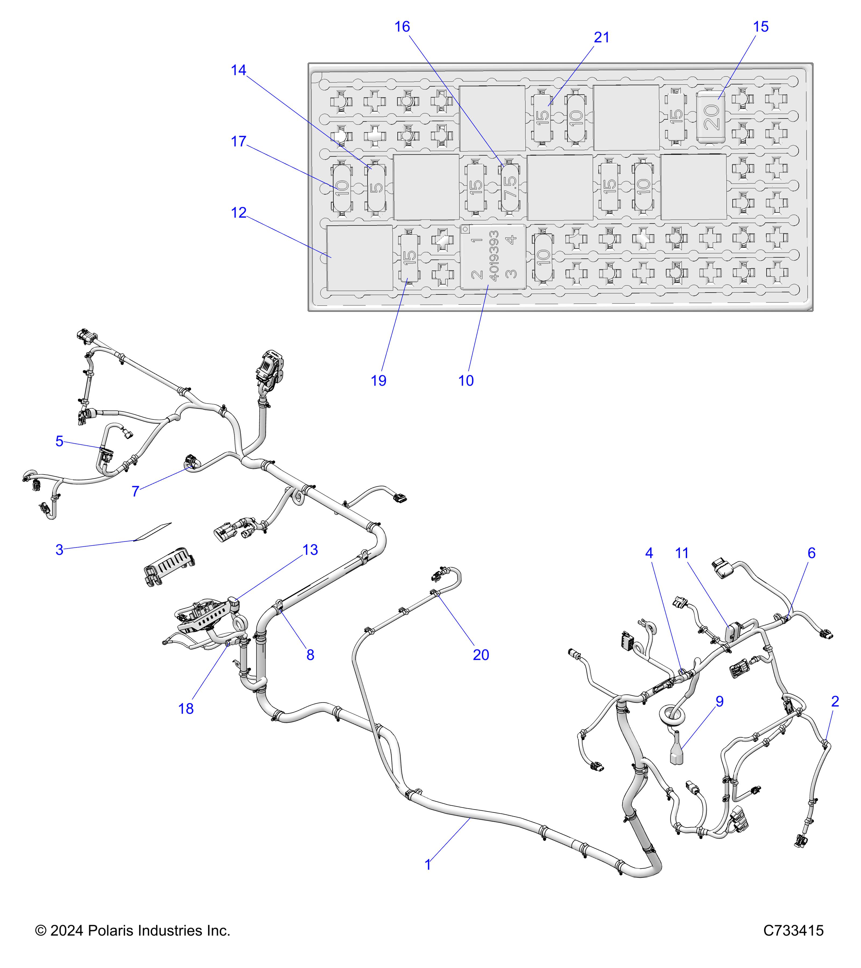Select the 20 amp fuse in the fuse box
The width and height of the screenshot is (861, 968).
(x=711, y=116)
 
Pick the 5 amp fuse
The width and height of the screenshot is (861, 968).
(x=376, y=187)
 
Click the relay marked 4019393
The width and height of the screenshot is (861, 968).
(x=493, y=257)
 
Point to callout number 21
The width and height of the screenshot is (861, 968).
(x=601, y=37)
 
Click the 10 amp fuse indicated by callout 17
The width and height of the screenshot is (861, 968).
(x=342, y=187)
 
